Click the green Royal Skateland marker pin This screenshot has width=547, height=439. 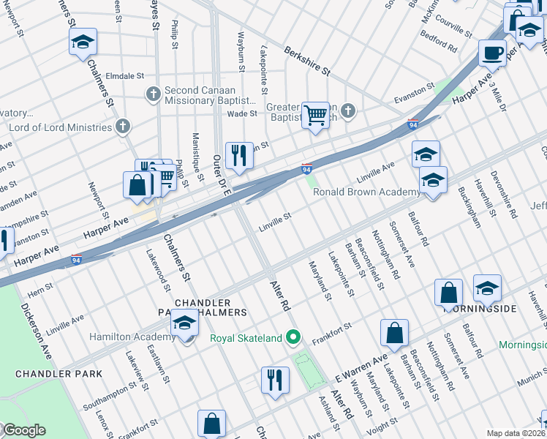tap(293, 337)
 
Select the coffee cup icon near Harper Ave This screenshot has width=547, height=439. tap(492, 53)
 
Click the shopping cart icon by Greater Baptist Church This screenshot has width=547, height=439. tap(315, 115)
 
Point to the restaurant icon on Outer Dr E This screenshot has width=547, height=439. tap(239, 156)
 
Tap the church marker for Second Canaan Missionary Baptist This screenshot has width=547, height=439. tap(153, 93)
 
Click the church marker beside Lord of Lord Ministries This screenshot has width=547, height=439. tap(123, 127)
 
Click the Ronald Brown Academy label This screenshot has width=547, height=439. tap(366, 192)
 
